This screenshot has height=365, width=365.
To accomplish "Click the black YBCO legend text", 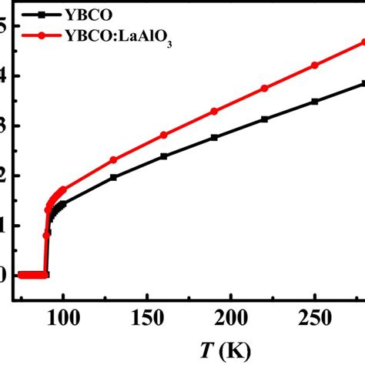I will click(x=91, y=15).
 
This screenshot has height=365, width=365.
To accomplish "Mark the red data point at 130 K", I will click(x=113, y=159).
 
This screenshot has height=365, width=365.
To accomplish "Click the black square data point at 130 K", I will click(x=113, y=177).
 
